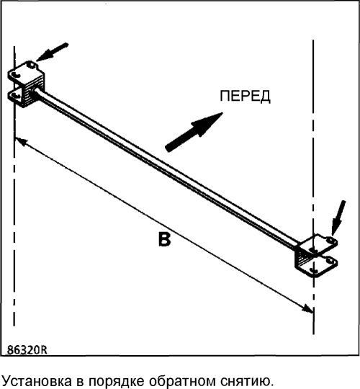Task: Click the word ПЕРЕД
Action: tap(245, 97)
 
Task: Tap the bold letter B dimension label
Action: tap(165, 239)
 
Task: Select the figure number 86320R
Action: tap(27, 350)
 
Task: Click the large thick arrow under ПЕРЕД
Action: tap(194, 132)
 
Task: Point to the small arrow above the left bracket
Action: tap(53, 52)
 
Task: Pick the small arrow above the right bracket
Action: tap(338, 218)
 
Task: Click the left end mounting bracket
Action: tap(26, 84)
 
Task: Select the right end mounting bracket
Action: tap(316, 256)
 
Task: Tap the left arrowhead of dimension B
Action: tap(21, 142)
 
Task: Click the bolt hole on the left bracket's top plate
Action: tap(31, 64)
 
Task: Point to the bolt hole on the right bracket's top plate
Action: tap(330, 240)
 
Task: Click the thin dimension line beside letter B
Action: tap(164, 225)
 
